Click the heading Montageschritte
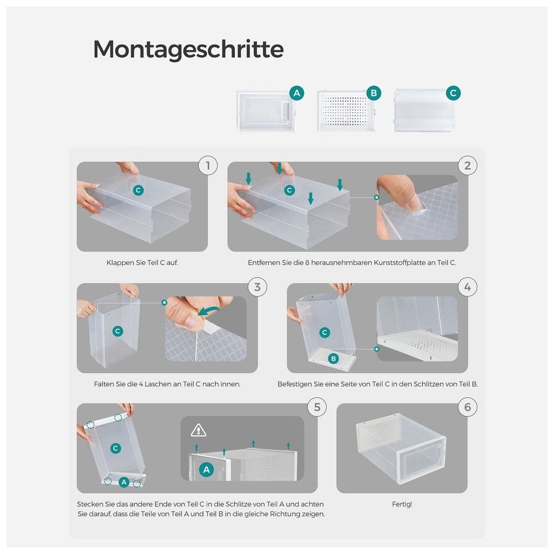coord(188,49)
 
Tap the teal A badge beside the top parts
coord(297,93)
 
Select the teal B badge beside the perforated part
coord(374,93)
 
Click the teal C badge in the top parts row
coord(453,93)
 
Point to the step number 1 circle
coord(208,166)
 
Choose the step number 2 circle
coord(467,166)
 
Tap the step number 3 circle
coord(257,287)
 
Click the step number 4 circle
coord(467,287)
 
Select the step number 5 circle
coord(317,407)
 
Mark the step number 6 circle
coord(467,407)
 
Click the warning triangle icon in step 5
coord(198,430)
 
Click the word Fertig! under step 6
coord(402,504)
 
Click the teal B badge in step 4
coord(333,359)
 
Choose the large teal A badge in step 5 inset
coord(206,470)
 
